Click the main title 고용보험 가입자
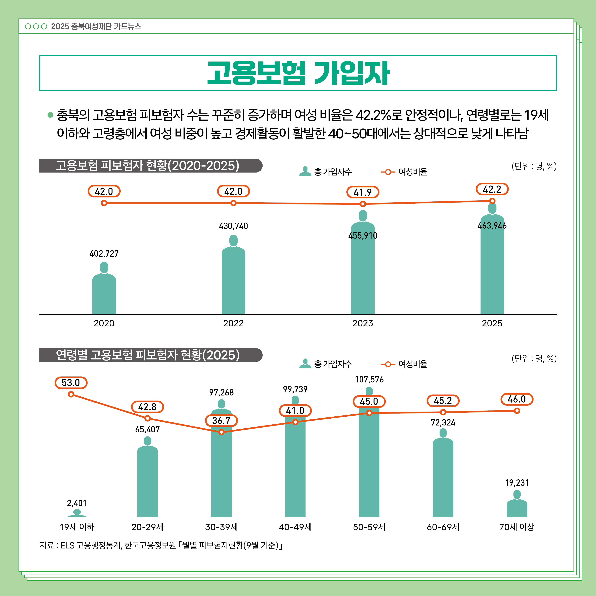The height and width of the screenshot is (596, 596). point(298,73)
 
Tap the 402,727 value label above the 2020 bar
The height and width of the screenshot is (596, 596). point(104,254)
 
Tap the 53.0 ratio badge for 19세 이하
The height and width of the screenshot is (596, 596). point(71,382)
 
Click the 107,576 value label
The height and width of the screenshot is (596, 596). point(369,379)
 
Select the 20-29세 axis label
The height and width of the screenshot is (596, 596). point(147,527)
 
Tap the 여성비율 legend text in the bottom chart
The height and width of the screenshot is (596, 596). point(413,364)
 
